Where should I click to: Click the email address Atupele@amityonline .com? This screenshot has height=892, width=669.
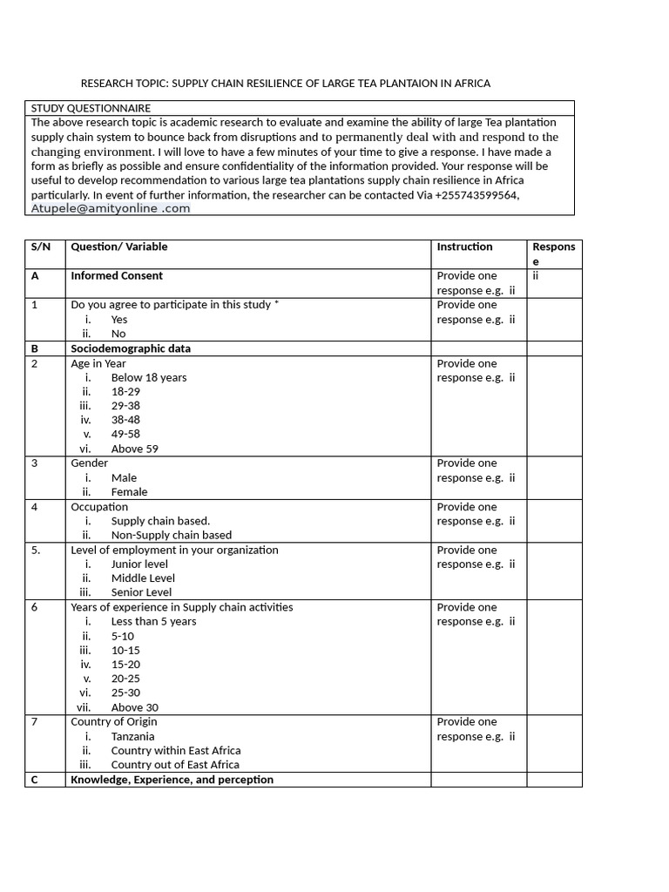click(x=111, y=209)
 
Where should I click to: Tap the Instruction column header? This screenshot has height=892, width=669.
click(x=464, y=247)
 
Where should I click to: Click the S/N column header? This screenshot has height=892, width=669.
click(x=41, y=247)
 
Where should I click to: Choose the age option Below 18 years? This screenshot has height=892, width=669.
click(x=149, y=377)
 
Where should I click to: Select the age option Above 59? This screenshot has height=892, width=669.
click(x=135, y=449)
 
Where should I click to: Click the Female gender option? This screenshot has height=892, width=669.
click(x=130, y=491)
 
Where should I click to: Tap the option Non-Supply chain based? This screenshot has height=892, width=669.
click(x=172, y=535)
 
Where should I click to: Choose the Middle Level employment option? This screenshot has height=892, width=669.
click(x=143, y=578)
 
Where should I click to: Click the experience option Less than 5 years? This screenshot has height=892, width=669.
click(x=154, y=621)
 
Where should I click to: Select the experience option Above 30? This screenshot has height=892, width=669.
click(x=135, y=707)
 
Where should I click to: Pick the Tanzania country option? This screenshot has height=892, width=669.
click(x=133, y=736)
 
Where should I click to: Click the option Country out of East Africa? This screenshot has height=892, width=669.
click(x=175, y=765)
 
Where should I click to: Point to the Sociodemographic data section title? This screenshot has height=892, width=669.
click(x=131, y=348)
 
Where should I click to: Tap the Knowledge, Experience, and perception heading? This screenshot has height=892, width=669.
click(x=172, y=780)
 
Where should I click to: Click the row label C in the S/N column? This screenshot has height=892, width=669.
click(x=35, y=780)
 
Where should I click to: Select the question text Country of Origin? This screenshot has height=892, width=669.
click(x=114, y=721)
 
